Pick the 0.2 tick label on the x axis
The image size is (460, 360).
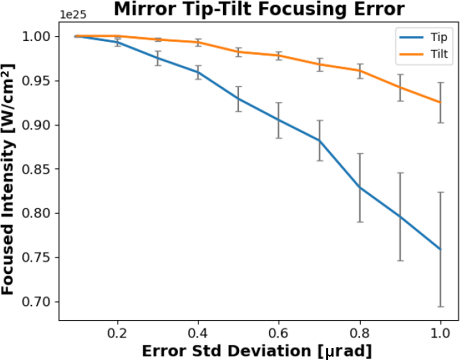117,334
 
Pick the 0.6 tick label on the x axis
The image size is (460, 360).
278,334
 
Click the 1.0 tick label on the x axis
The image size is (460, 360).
440,334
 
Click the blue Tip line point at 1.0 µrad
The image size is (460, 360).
440,249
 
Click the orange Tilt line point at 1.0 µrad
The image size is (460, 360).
440,102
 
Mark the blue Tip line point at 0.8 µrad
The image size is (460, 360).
359,188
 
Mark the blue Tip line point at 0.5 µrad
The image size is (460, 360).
238,98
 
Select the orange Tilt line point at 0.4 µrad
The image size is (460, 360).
198,42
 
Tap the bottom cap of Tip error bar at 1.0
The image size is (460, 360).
440,307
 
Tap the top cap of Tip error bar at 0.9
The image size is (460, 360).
400,172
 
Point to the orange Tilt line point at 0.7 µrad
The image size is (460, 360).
319,64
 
